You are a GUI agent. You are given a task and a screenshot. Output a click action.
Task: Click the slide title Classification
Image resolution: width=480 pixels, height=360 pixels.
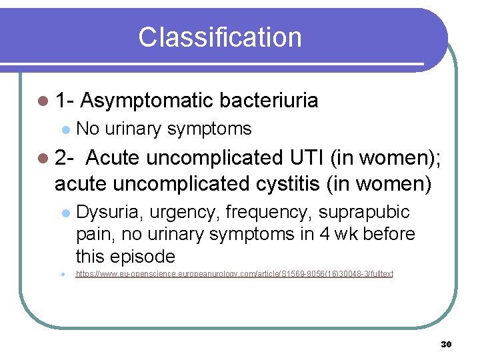[219, 37]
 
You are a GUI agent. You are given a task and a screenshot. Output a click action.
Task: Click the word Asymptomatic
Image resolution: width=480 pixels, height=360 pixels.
[147, 101]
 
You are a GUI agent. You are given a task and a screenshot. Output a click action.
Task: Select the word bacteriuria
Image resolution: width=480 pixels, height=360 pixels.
[269, 101]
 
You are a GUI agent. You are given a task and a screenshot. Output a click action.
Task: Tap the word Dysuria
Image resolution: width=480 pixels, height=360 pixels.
[109, 212]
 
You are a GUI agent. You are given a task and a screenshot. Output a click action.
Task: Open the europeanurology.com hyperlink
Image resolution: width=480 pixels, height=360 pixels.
[234, 274]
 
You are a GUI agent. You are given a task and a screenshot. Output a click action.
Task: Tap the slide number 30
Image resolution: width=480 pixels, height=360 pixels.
[446, 344]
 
